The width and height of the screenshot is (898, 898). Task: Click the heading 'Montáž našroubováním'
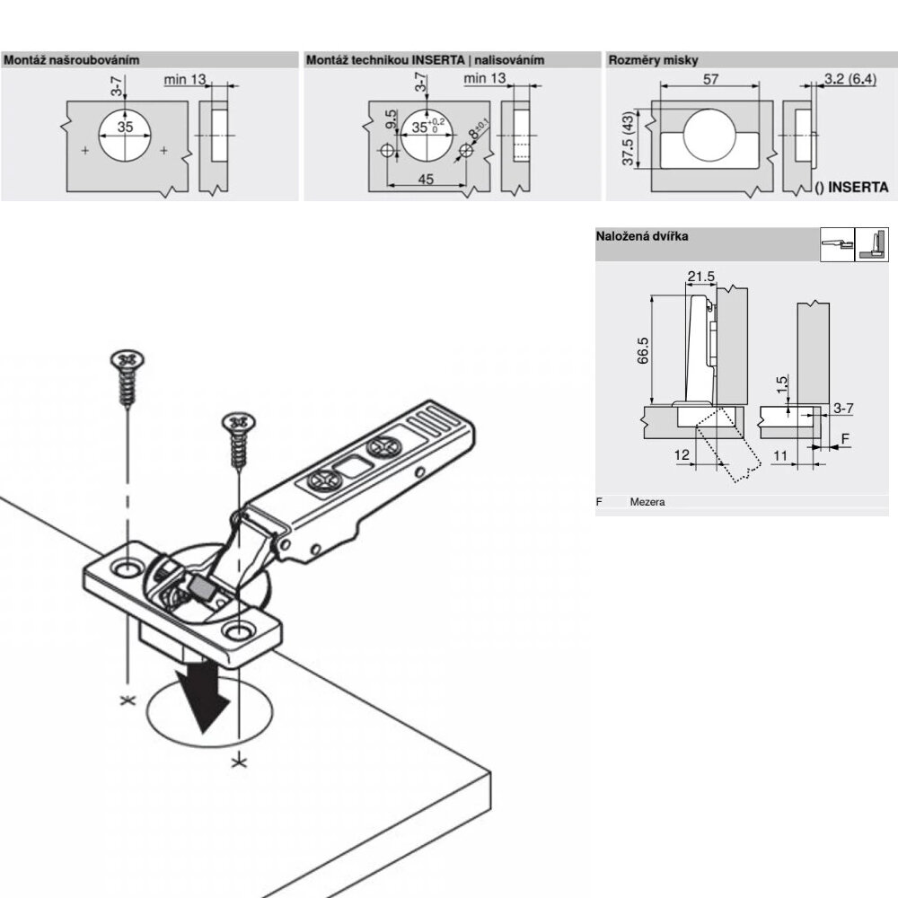72,60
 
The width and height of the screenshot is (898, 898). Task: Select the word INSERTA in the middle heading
437,60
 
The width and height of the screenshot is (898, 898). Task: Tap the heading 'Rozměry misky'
653,60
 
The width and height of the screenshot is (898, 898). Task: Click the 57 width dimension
710,78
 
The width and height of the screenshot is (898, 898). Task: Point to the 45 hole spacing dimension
426,180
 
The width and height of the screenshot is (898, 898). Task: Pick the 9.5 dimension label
391,119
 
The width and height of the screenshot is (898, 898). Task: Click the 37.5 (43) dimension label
629,138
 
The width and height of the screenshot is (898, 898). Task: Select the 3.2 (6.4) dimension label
850,78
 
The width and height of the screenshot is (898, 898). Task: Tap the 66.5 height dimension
643,350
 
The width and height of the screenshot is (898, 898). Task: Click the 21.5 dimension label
701,277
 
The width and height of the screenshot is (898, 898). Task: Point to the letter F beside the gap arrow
845,439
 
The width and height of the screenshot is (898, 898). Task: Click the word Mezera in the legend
647,502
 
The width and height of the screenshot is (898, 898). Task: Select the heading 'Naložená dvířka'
642,236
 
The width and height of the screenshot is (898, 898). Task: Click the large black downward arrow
203,696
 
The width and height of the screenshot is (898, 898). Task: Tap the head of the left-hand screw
128,359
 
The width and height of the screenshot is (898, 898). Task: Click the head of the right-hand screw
238,422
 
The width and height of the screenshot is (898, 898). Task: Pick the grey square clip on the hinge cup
201,586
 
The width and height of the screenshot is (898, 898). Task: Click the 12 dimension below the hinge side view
682,455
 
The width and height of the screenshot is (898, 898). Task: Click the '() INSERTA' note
851,188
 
